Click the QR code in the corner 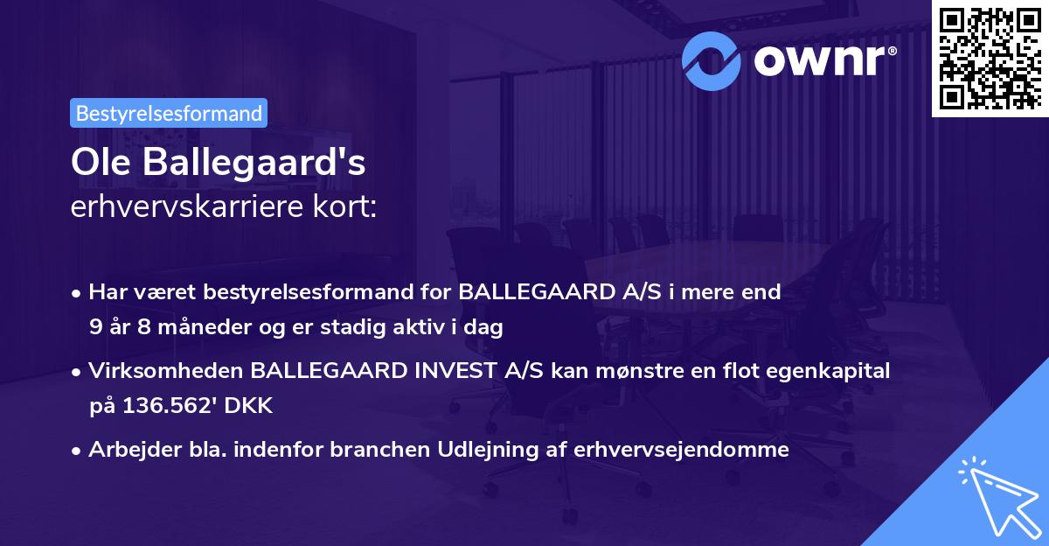click(x=990, y=58)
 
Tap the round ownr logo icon click(x=712, y=60)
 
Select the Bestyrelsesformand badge click(x=169, y=113)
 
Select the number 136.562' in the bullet click(x=167, y=406)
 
